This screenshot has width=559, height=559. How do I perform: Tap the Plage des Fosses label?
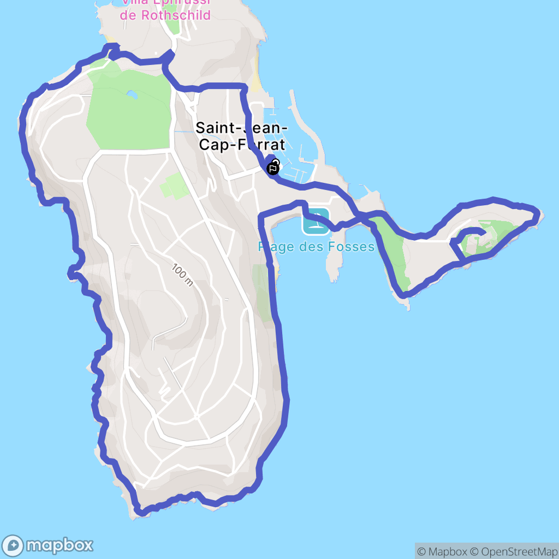click(316, 247)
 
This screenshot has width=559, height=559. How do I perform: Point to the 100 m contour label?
click(182, 275)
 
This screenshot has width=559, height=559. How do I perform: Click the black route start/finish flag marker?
click(272, 168)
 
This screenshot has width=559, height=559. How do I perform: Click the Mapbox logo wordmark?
click(59, 545)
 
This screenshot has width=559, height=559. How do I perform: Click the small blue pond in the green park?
click(132, 95)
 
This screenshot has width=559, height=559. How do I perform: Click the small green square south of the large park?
click(174, 186)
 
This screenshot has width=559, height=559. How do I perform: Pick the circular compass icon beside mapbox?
click(13, 545)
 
